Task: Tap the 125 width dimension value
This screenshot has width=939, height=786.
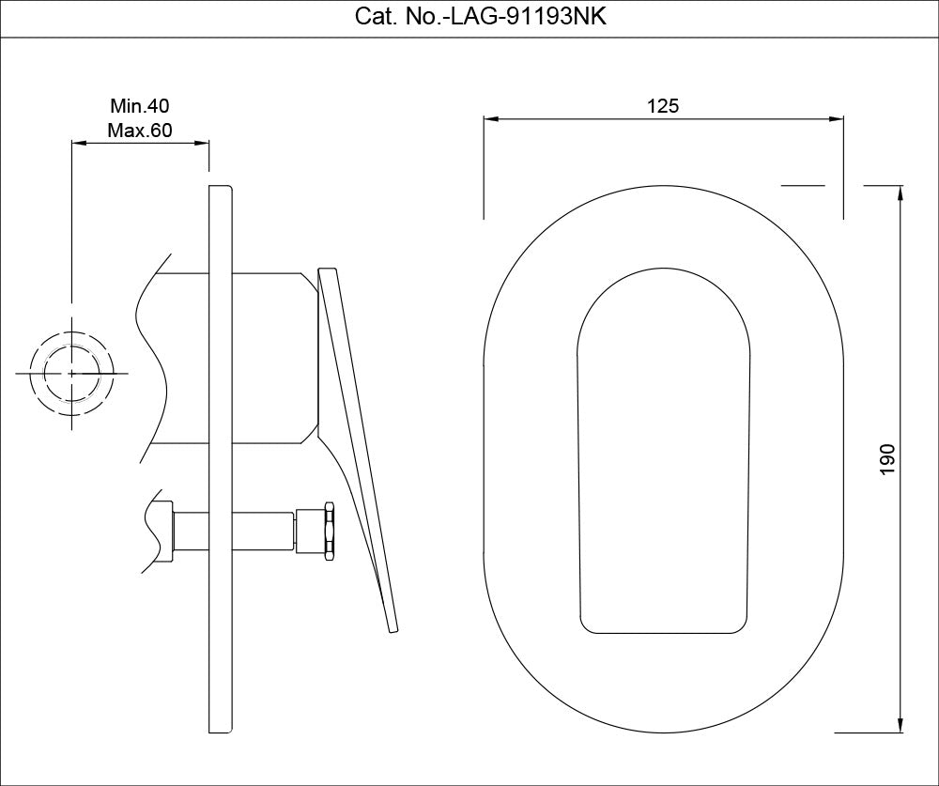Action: tap(663, 106)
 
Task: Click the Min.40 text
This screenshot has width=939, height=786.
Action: tap(140, 106)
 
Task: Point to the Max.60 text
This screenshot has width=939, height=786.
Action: tap(140, 131)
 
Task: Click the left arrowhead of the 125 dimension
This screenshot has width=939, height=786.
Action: tap(489, 119)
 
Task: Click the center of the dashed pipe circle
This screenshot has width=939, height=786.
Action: tap(72, 373)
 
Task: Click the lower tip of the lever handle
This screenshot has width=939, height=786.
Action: tap(394, 628)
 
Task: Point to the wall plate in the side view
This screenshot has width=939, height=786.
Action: tap(219, 460)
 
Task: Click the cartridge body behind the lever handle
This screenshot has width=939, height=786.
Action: tap(272, 357)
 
